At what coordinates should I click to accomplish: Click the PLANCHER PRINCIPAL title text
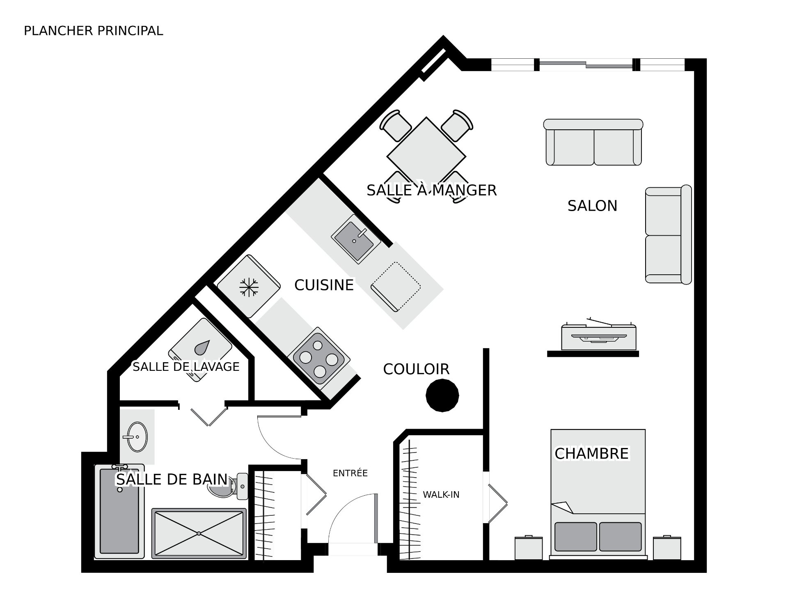[94, 31]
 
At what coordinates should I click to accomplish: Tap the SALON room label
[592, 206]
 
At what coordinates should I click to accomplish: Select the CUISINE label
[324, 285]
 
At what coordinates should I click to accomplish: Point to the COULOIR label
[416, 369]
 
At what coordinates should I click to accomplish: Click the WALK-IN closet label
[441, 494]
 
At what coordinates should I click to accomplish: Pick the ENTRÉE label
[350, 473]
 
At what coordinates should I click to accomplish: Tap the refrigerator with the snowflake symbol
[249, 287]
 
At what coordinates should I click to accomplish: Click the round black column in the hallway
[442, 395]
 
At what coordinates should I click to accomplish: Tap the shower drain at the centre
[199, 533]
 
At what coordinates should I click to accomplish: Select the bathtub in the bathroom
[119, 512]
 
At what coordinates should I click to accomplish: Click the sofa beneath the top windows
[593, 142]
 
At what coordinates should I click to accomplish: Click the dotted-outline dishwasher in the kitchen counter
[396, 286]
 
